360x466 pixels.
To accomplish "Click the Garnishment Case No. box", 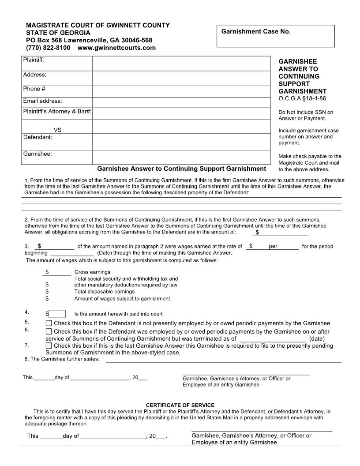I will tap(276, 36).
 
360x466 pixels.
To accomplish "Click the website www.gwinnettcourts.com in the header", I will tap(116, 48).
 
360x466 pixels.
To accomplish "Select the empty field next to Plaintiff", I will tap(181, 64).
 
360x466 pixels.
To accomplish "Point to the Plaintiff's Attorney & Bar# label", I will tap(57, 111).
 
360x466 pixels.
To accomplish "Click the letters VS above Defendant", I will tap(57, 130).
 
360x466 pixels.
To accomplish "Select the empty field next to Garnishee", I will tap(181, 157).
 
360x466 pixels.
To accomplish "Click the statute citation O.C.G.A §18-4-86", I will tap(302, 98).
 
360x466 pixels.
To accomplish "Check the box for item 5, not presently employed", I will tap(49, 323).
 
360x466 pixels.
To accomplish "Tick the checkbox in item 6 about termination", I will tap(49, 331).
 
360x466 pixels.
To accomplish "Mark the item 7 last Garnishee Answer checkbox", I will tap(49, 346).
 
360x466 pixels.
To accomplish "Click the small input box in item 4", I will tap(57, 314).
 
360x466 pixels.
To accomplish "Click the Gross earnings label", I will tap(92, 272).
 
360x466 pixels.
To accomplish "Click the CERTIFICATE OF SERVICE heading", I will tap(180, 405).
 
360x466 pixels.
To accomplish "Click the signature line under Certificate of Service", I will tap(262, 430).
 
